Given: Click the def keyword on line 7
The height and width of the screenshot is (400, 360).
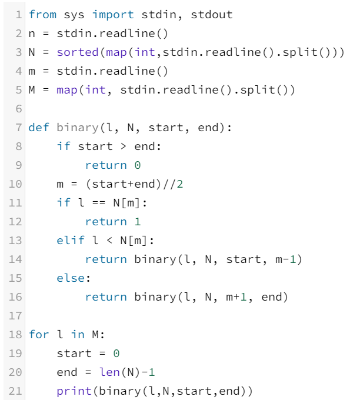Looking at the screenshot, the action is point(39,128).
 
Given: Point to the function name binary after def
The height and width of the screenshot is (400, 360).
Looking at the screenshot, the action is point(78,128).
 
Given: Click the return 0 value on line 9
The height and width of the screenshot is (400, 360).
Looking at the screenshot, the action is point(137,165).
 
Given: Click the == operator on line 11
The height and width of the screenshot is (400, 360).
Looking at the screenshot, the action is point(95,203).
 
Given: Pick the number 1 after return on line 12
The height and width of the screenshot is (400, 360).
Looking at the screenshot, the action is point(137,222).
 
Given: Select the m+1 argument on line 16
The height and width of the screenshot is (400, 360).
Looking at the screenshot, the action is point(236,297).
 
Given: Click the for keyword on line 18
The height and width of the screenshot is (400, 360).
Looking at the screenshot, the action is point(39,335).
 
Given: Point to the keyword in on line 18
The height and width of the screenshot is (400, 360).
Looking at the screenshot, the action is point(78,335).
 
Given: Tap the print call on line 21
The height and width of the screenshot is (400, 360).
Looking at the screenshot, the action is point(74,391).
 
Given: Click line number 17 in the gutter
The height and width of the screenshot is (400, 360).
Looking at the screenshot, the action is point(16,316).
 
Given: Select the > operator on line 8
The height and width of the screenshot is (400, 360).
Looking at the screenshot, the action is point(124,146).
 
